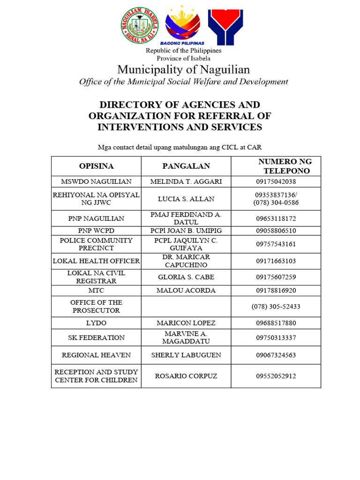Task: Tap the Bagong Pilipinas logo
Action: tap(183, 26)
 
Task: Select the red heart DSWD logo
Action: tap(226, 26)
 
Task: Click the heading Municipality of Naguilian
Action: tap(183, 70)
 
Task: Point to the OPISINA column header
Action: tap(96, 166)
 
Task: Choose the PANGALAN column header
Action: tap(186, 166)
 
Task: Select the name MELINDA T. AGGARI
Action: tap(186, 181)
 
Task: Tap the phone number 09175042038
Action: tap(276, 181)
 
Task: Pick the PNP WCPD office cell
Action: tap(96, 231)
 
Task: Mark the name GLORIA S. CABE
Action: tap(186, 277)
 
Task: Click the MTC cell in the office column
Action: tap(96, 291)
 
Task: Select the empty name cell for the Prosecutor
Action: tap(186, 307)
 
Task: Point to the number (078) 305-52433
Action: tap(276, 307)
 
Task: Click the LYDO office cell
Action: tap(96, 323)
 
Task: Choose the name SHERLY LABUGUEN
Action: tap(186, 355)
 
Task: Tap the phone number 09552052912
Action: tap(276, 376)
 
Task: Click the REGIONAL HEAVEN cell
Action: tap(96, 355)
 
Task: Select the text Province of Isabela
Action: tap(183, 59)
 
